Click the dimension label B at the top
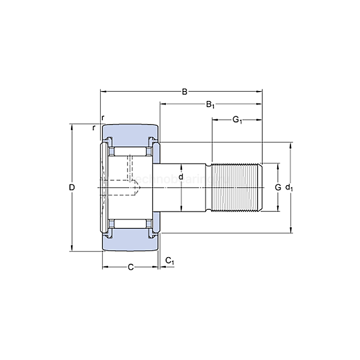(x=184, y=92)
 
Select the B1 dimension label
(x=210, y=105)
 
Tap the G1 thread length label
(x=237, y=120)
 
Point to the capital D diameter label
(x=72, y=188)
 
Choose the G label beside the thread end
(x=278, y=187)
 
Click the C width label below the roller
(x=131, y=266)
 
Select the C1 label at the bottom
(x=170, y=262)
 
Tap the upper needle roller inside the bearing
(x=129, y=152)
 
